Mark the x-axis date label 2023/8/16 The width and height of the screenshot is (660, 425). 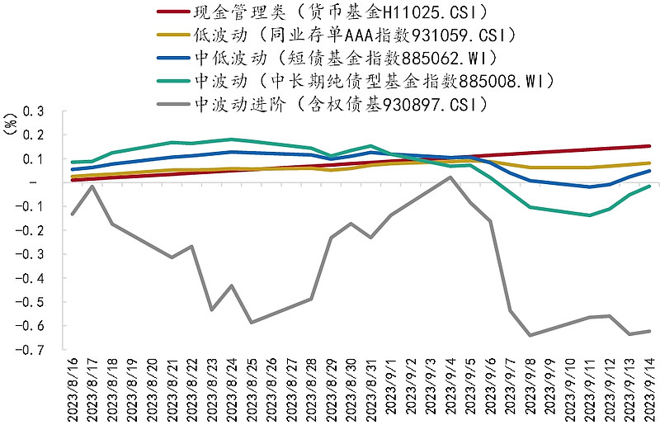73,388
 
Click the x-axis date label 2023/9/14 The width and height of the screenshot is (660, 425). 649,388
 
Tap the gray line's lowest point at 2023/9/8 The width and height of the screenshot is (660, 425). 530,335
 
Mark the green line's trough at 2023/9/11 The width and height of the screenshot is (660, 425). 590,215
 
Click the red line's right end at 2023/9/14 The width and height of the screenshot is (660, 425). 649,146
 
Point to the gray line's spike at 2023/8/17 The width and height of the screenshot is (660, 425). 92,186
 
